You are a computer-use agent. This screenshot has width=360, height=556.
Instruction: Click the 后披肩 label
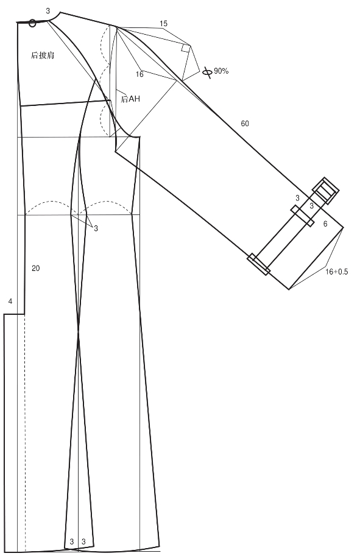[x=43, y=55]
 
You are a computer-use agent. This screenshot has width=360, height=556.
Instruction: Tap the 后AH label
[x=130, y=99]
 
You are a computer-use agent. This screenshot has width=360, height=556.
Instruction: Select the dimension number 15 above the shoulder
[x=163, y=24]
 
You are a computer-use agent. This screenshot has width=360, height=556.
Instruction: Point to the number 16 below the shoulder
[x=139, y=74]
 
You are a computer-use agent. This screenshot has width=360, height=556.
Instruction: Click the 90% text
[x=221, y=71]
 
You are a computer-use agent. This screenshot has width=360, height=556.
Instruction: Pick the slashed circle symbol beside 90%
[x=208, y=72]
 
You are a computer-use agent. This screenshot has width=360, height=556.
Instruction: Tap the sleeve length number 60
[x=245, y=124]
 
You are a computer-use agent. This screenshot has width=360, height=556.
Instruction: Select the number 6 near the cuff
[x=325, y=223]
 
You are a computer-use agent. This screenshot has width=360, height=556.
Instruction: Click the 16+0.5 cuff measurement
[x=337, y=272]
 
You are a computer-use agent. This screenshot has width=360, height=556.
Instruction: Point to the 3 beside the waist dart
[x=96, y=228]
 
